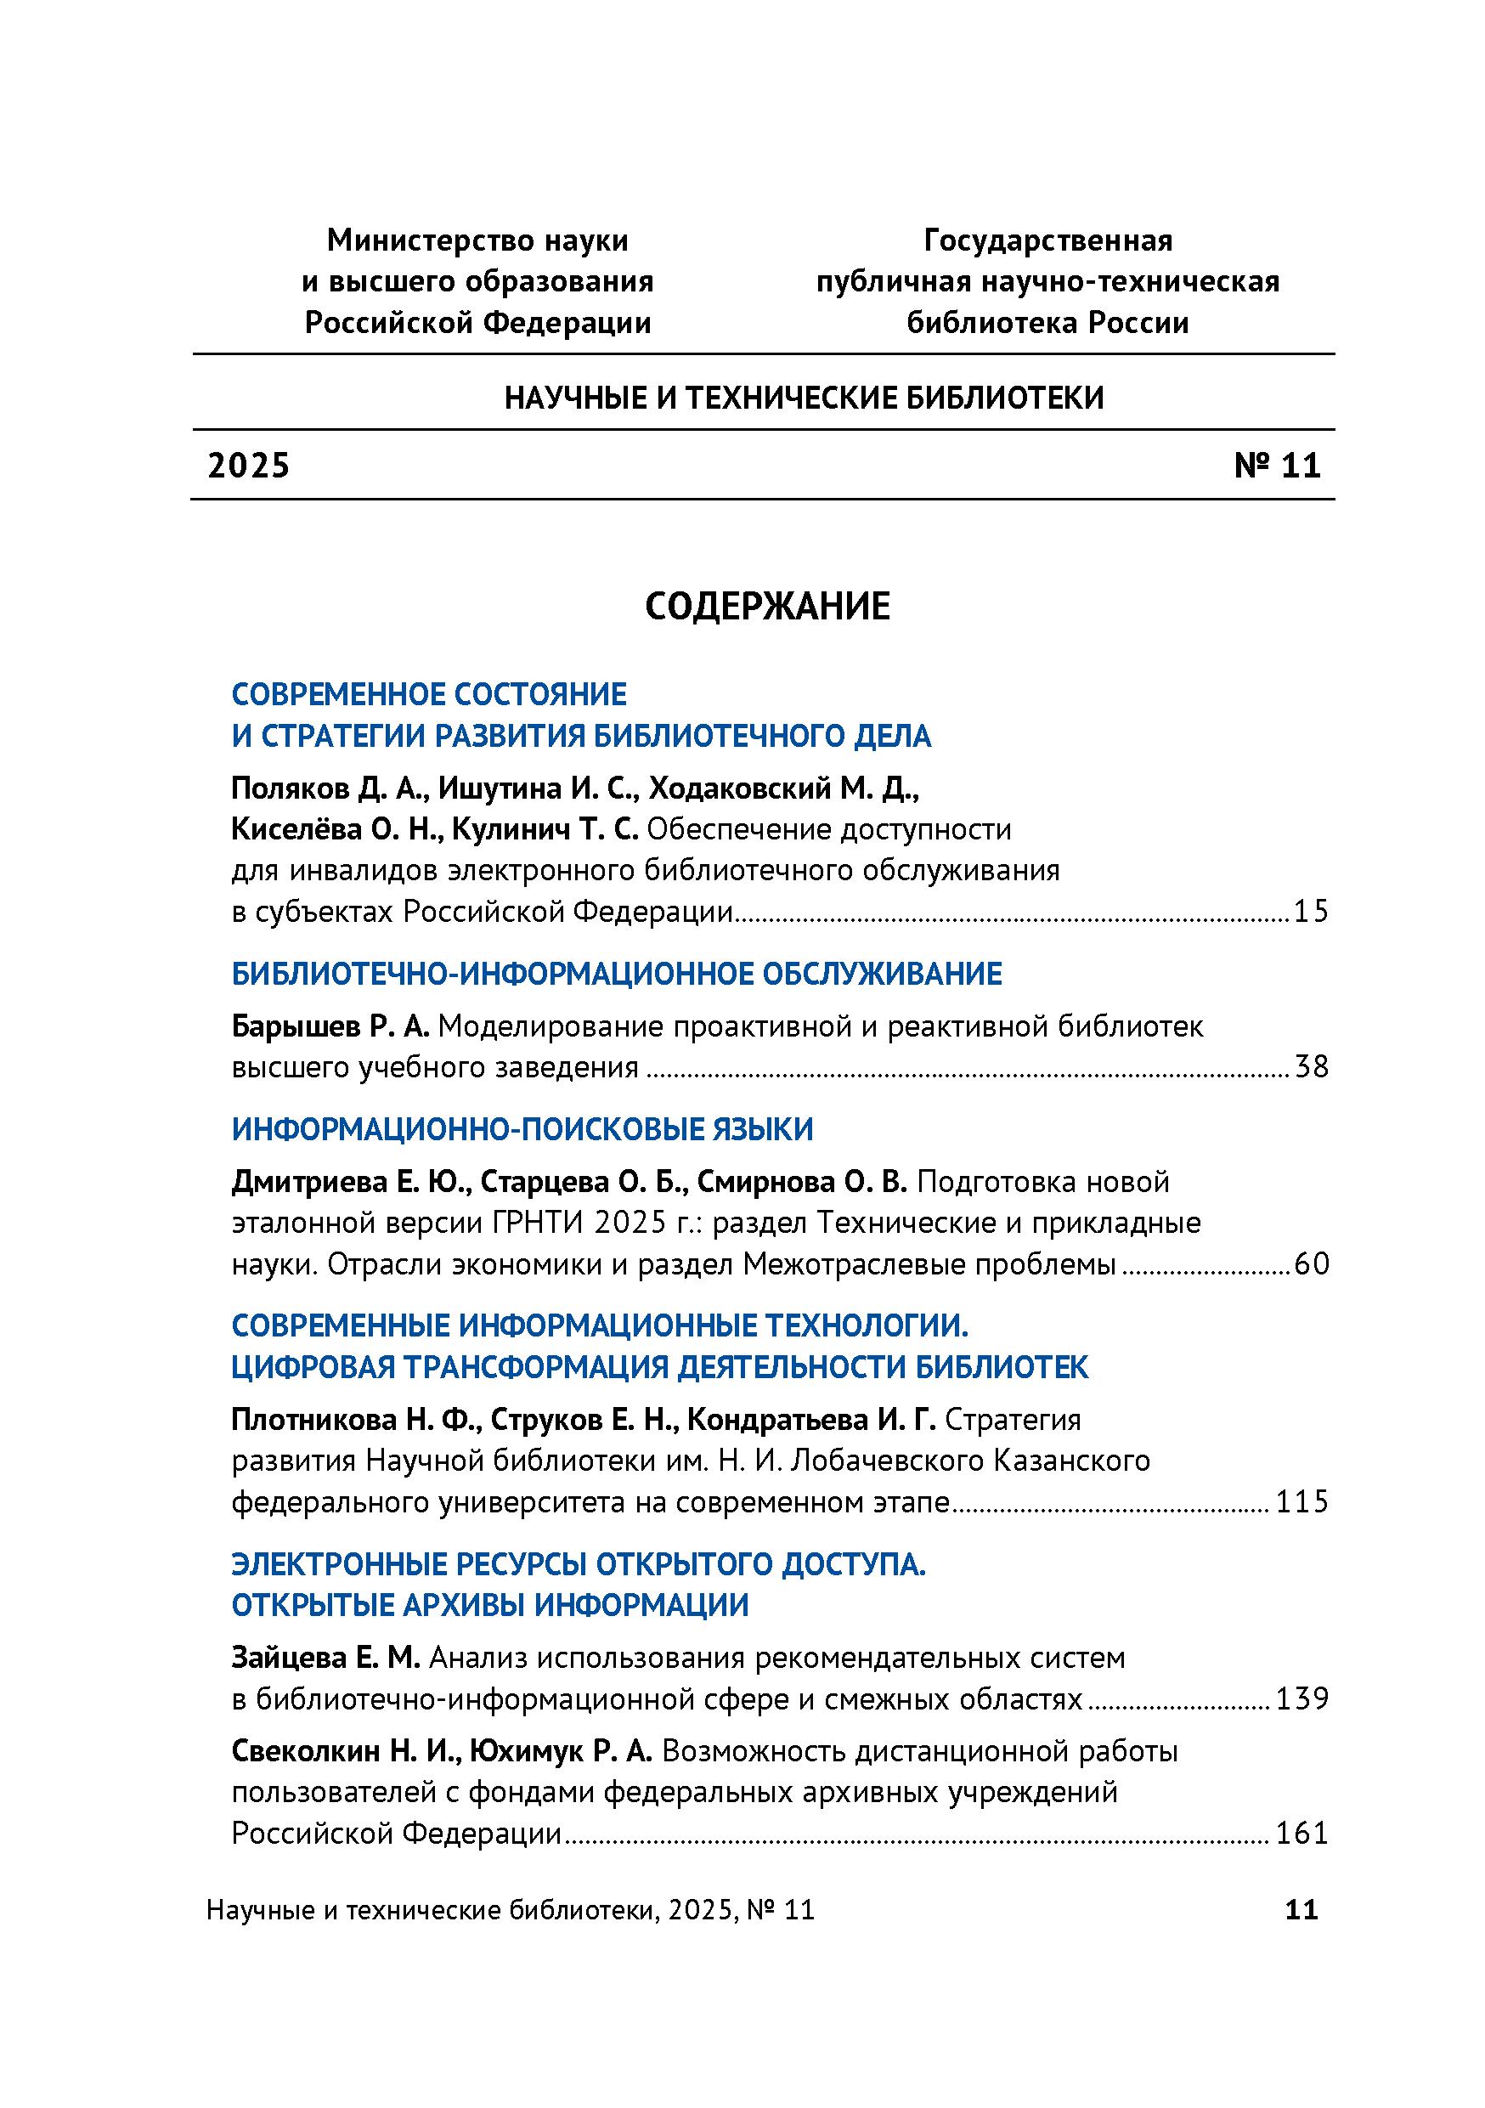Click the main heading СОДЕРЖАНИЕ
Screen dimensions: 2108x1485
click(767, 607)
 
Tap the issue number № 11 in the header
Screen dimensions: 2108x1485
click(1277, 466)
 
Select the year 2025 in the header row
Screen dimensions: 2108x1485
click(249, 466)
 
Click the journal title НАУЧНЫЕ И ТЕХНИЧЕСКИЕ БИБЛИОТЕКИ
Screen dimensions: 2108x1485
click(804, 398)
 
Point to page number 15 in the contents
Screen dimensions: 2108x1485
click(1311, 912)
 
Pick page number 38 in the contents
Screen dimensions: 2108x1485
click(1311, 1067)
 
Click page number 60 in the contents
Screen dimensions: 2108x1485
click(1311, 1264)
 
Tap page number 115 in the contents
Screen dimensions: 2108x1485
click(1302, 1501)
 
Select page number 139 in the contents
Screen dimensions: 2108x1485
click(1302, 1698)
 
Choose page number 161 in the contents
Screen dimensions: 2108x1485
click(1302, 1834)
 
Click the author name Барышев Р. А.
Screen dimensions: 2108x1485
click(330, 1026)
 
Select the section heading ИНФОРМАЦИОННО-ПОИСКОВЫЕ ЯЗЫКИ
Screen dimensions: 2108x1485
click(522, 1129)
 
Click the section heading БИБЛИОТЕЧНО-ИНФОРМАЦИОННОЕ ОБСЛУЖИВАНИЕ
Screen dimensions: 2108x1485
click(616, 973)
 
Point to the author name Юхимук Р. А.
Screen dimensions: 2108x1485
click(560, 1752)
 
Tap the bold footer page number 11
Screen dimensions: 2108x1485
click(1301, 1910)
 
